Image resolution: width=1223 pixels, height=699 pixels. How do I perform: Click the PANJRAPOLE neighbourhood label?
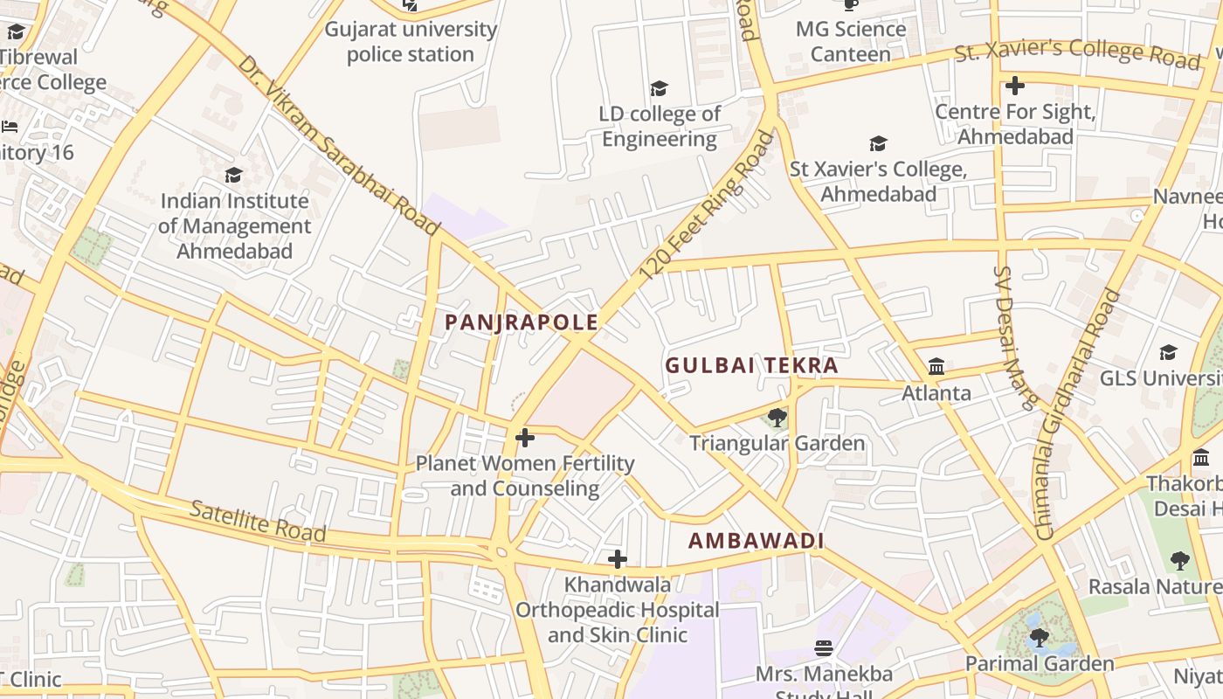tap(522, 322)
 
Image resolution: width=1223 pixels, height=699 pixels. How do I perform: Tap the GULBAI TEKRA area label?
tap(751, 365)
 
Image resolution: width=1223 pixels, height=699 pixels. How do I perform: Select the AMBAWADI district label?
tap(756, 541)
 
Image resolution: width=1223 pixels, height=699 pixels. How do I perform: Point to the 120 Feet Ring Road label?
tap(707, 206)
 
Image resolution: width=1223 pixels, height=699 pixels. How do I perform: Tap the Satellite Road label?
tap(258, 521)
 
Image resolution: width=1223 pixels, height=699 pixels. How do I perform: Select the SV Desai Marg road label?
tap(1013, 337)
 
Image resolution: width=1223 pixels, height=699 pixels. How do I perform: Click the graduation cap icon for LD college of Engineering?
tap(660, 88)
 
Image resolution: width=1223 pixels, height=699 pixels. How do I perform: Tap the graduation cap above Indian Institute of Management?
tap(233, 176)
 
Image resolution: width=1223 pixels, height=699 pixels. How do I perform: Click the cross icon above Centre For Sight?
tap(1014, 86)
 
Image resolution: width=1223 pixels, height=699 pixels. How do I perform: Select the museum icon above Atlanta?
tap(936, 366)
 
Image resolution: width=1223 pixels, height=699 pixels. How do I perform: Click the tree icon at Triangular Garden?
tap(777, 418)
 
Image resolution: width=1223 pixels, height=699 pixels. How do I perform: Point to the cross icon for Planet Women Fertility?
tap(525, 438)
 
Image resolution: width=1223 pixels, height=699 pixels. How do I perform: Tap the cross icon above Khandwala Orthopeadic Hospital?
tap(618, 558)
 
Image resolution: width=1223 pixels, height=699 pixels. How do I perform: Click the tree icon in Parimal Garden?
tap(1039, 638)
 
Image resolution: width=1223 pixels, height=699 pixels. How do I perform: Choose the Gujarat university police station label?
tap(411, 41)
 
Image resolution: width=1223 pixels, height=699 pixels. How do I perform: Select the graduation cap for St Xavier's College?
tap(878, 143)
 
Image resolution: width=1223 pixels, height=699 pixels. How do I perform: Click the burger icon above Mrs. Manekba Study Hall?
tap(824, 648)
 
